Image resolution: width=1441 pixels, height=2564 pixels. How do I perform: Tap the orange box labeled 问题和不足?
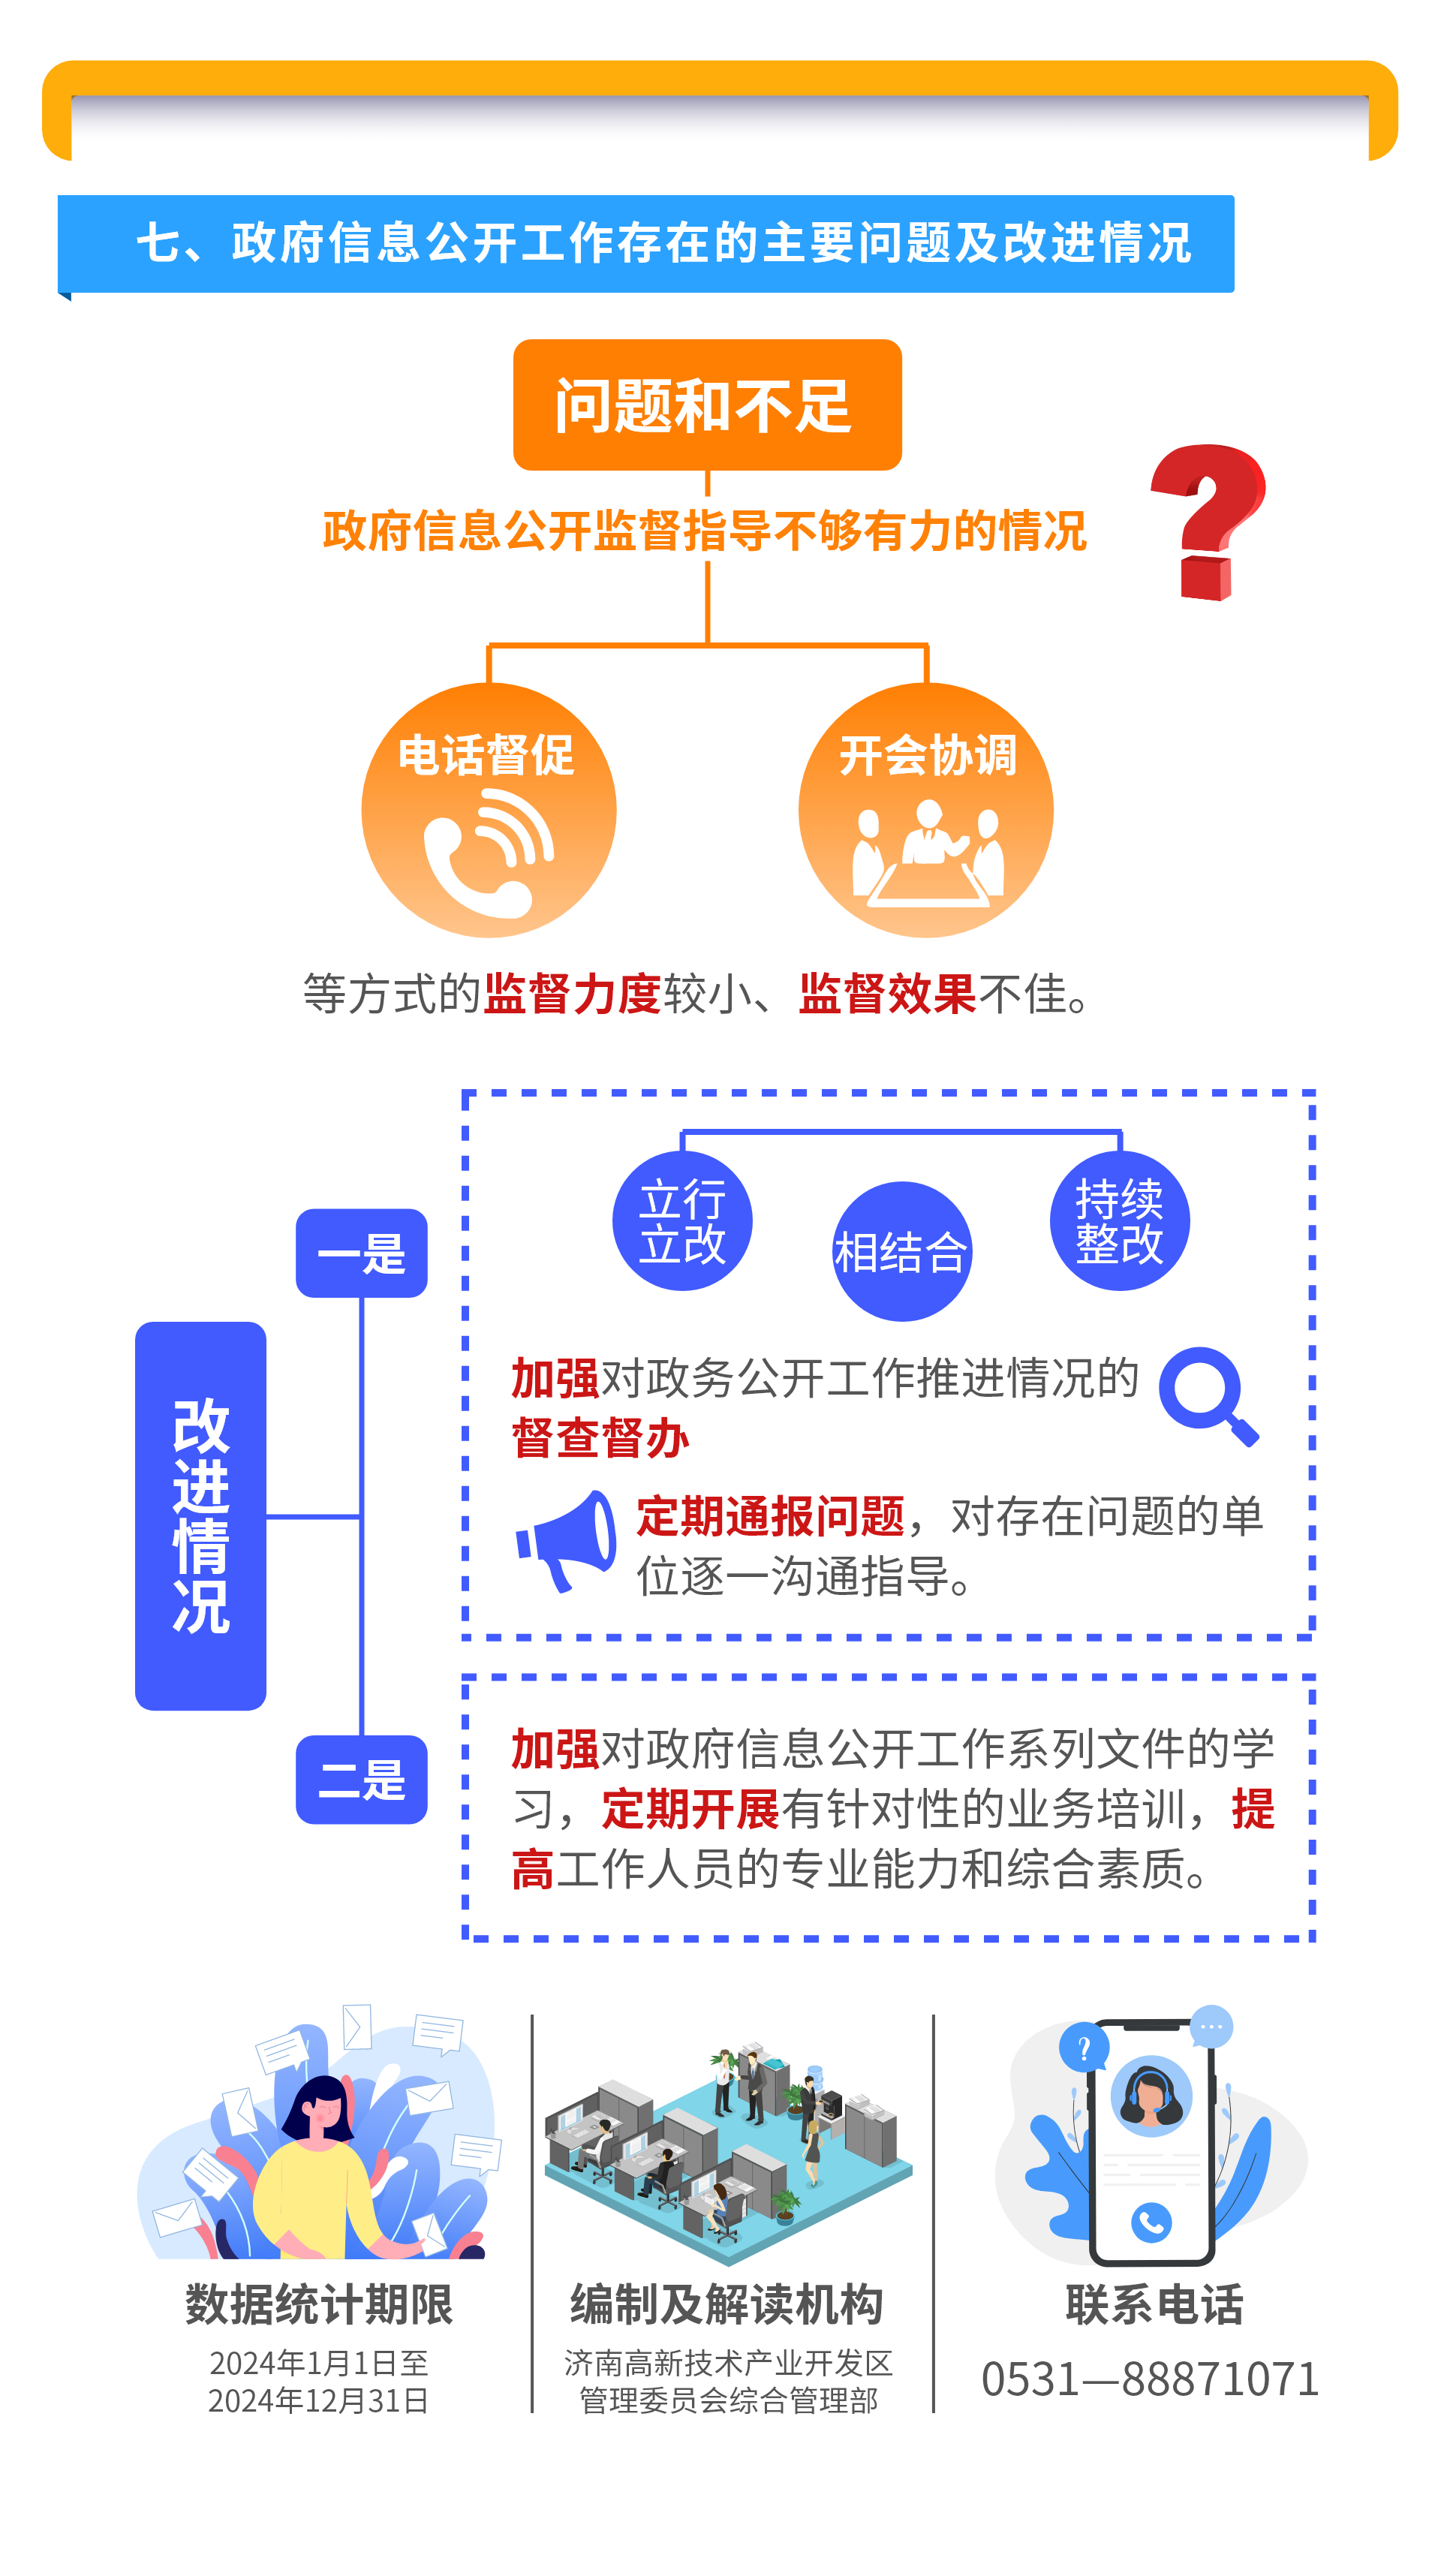pos(708,405)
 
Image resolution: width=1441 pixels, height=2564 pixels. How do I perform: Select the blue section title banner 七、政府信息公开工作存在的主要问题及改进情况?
pos(647,244)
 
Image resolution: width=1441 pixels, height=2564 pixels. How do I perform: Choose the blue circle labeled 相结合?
pos(901,1252)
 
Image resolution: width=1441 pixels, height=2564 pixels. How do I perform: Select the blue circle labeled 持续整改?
pos(1120,1220)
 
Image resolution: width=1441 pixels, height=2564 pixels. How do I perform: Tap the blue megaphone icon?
pos(565,1541)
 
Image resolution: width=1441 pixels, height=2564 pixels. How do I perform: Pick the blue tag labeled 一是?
pos(361,1253)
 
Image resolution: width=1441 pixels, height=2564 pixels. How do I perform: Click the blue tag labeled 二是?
pos(361,1780)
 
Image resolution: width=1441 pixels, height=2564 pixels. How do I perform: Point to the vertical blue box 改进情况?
pos(201,1516)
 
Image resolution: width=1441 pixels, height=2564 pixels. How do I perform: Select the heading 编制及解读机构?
pos(727,2304)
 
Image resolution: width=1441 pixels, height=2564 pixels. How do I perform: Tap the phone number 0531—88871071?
pos(1151,2379)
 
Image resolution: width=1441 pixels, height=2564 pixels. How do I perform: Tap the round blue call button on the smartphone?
pos(1151,2222)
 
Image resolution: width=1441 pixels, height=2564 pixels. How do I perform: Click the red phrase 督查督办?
pos(600,1438)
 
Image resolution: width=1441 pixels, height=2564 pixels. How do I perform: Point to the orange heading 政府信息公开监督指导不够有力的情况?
pos(705,531)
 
